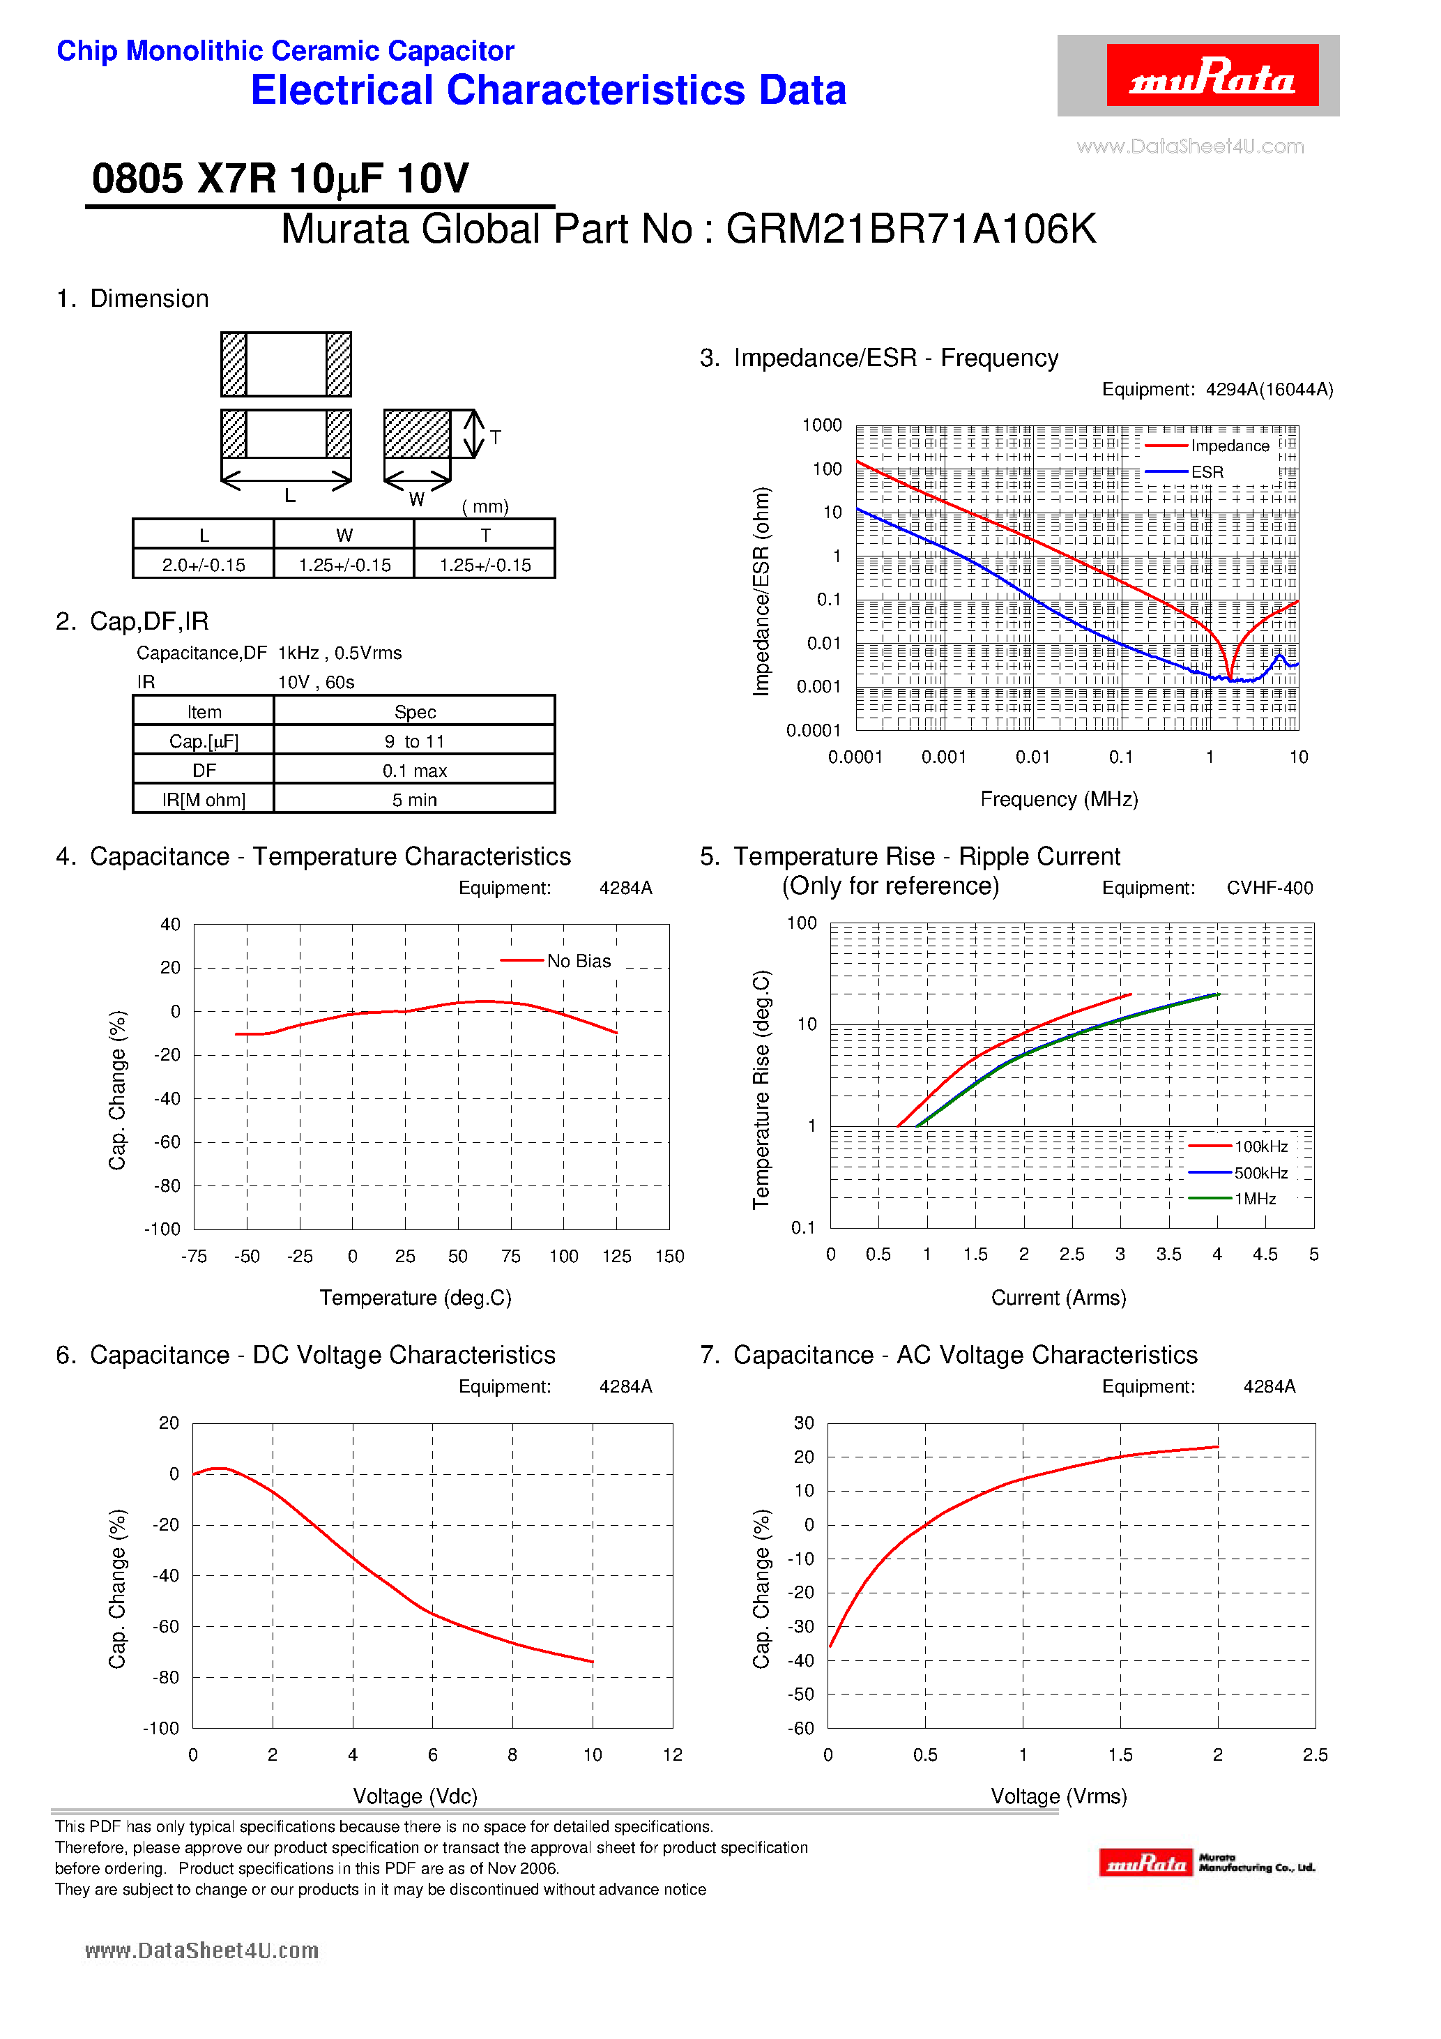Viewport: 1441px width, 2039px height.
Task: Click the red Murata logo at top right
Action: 1211,75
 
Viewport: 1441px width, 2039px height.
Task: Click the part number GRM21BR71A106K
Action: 910,229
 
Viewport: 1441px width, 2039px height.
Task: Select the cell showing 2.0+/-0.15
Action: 204,565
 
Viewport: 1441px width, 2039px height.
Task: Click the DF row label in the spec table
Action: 204,771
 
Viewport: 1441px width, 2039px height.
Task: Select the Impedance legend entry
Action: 1229,446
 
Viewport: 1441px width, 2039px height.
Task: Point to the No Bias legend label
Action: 578,961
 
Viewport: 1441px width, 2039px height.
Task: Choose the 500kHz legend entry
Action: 1260,1173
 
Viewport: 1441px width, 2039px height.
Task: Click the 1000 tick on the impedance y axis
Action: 821,425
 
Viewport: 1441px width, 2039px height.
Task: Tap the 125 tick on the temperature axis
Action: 616,1257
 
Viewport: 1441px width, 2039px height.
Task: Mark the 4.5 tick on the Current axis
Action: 1265,1255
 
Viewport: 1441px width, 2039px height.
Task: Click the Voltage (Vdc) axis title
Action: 415,1796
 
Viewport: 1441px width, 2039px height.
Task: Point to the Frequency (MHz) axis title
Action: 1058,799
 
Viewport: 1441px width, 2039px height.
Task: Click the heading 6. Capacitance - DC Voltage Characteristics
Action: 305,1355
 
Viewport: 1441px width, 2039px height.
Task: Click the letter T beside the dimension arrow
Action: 496,437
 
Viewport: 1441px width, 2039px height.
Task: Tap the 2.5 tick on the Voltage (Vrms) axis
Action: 1314,1754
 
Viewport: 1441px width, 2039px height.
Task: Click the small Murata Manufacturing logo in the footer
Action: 1206,1863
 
